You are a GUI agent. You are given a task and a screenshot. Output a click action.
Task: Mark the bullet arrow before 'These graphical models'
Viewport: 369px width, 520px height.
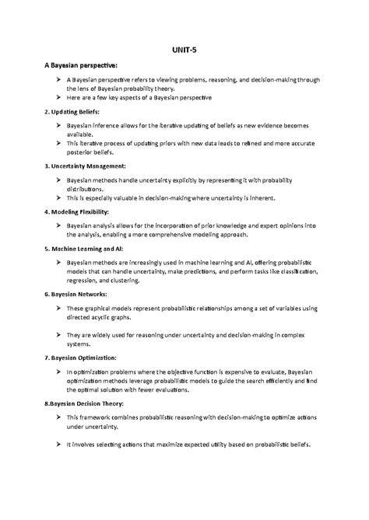[58, 309]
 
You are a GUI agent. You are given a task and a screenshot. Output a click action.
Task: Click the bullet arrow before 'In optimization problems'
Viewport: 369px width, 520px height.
[58, 372]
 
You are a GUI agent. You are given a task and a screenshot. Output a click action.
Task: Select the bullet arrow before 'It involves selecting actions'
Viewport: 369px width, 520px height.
[58, 445]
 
